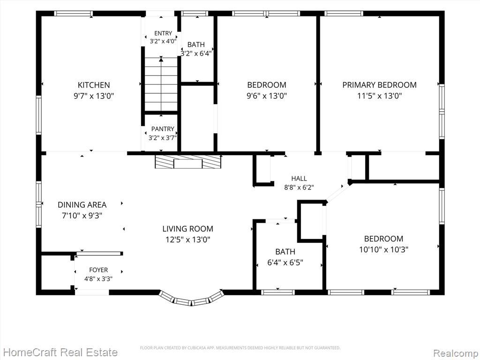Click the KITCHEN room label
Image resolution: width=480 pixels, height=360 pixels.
[94, 85]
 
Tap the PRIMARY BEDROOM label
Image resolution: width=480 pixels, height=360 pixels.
[379, 85]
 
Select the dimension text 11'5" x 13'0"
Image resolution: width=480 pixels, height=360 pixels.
[379, 96]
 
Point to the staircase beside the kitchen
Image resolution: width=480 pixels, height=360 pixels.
[161, 84]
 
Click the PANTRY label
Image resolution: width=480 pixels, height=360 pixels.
[163, 129]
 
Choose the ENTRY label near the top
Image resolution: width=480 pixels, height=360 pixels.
[163, 33]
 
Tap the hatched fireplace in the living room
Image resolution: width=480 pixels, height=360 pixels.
[188, 162]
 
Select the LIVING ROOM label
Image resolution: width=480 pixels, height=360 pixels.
[187, 229]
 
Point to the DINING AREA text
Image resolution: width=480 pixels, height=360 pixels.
[82, 205]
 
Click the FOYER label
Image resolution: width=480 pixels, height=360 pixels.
[98, 270]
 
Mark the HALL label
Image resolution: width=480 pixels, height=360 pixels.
[299, 179]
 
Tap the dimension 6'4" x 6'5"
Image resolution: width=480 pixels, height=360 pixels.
[285, 262]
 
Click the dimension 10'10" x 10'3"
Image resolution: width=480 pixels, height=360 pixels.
[383, 249]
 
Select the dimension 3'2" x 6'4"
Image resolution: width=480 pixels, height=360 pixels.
[196, 54]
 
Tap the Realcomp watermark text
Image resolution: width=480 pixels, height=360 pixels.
[456, 352]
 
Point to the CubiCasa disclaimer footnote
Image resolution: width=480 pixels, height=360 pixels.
[240, 348]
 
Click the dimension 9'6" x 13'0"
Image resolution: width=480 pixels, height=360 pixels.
[267, 96]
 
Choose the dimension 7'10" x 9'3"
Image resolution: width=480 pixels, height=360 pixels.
[82, 216]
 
